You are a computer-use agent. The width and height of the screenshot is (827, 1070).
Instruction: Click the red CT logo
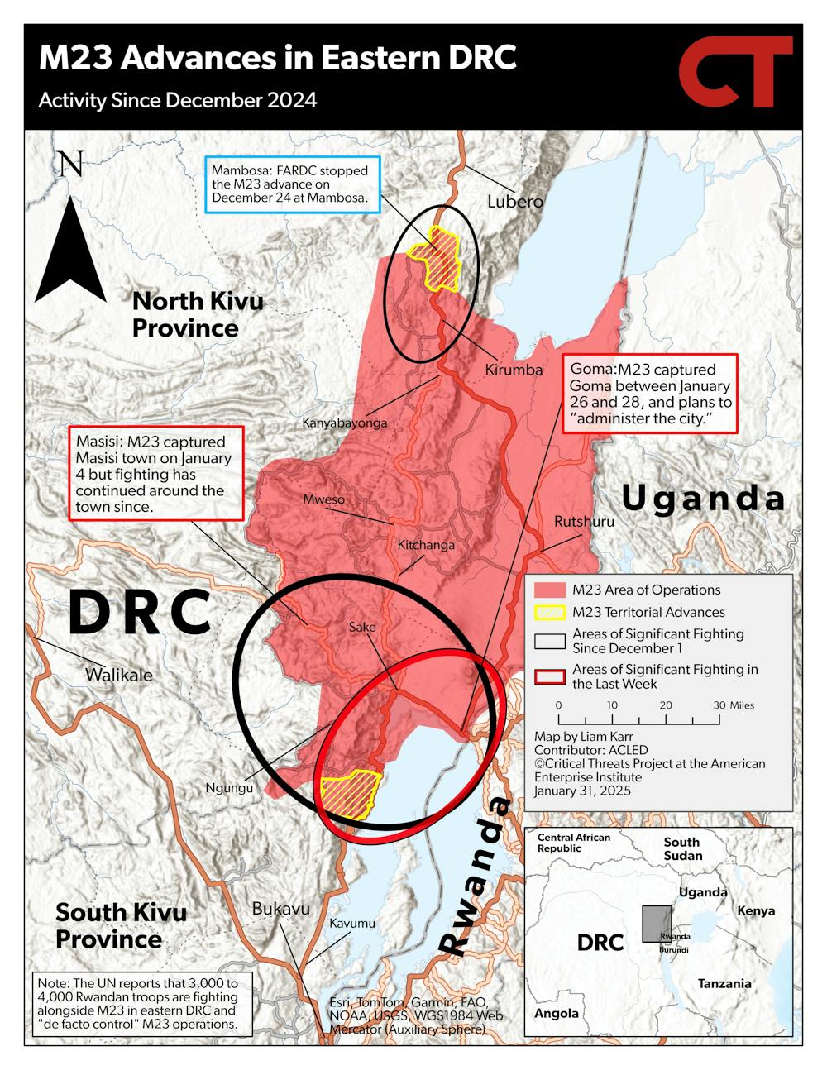(x=734, y=73)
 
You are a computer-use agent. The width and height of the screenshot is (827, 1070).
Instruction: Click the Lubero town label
(x=514, y=201)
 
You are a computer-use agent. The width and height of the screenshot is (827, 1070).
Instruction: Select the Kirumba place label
(x=514, y=370)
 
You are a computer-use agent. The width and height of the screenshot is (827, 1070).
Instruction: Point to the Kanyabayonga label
(x=344, y=423)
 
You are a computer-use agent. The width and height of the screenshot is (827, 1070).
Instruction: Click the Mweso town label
(x=323, y=499)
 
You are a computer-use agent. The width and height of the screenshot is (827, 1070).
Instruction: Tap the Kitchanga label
(x=426, y=545)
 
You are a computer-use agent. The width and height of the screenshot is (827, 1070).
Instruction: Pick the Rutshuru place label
(x=584, y=522)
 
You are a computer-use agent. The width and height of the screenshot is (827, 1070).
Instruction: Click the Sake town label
(x=362, y=627)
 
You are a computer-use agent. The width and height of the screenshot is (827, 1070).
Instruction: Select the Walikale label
(x=119, y=675)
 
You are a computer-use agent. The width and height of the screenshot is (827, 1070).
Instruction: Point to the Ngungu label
(x=229, y=788)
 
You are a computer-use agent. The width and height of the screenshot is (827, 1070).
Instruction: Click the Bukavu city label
(x=281, y=909)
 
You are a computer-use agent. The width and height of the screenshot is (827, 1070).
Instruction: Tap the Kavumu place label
(x=352, y=923)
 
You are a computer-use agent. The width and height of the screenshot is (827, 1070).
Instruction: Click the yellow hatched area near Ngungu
(x=350, y=793)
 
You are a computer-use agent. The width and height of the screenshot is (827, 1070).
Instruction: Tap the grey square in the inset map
(x=657, y=924)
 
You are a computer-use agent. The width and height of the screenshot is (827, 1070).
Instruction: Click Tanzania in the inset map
(x=724, y=983)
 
